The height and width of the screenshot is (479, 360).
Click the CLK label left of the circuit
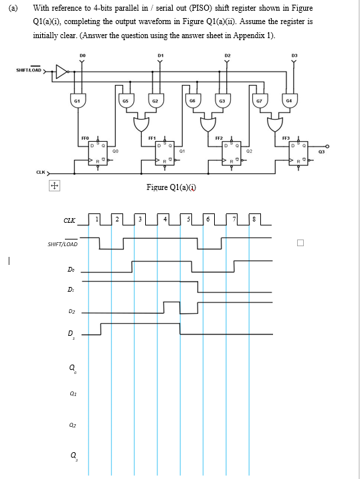pyautogui.click(x=40, y=172)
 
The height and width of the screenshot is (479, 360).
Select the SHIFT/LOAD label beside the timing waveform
pyautogui.click(x=62, y=244)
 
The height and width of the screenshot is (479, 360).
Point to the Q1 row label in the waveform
pyautogui.click(x=70, y=395)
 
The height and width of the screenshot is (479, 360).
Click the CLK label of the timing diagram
pyautogui.click(x=69, y=221)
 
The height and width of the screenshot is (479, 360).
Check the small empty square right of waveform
pyautogui.click(x=300, y=243)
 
